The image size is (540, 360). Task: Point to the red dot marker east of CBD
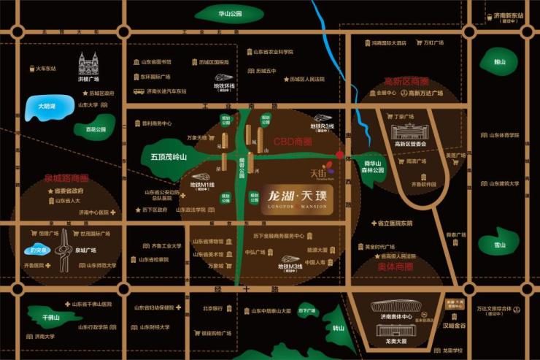[339, 155]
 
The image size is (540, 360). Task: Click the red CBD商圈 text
[293, 141]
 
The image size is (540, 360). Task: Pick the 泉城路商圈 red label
[66, 177]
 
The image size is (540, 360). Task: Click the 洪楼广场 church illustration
[88, 66]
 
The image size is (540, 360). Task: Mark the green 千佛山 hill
[51, 318]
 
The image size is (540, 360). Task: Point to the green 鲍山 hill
[499, 61]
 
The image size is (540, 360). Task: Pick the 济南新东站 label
[509, 16]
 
